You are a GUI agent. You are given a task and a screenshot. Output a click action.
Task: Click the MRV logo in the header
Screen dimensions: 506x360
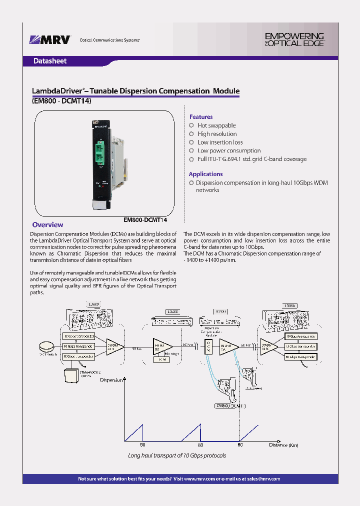coord(50,39)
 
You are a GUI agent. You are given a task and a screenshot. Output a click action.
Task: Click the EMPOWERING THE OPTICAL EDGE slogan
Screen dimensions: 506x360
coord(294,39)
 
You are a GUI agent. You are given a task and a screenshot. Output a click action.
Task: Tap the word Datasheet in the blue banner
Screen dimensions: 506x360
coord(49,61)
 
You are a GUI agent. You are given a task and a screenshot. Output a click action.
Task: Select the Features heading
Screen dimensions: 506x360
coord(200,117)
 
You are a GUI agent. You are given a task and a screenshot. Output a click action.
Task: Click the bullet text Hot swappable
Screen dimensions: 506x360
coord(216,125)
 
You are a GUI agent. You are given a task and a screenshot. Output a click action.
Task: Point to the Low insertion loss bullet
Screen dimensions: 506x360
coord(220,142)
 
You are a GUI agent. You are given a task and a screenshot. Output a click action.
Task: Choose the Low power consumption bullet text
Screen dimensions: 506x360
coord(229,150)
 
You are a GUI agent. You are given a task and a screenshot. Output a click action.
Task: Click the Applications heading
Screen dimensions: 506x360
coord(205,174)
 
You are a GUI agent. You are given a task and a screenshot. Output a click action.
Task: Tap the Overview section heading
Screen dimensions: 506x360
coord(47,225)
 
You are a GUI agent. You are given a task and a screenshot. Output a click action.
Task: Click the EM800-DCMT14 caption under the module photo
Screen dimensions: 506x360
coord(145,219)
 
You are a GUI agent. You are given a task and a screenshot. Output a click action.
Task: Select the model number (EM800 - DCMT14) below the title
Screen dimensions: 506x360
coord(61,100)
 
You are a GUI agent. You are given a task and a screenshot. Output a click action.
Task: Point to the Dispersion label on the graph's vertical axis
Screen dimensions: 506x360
coord(111,380)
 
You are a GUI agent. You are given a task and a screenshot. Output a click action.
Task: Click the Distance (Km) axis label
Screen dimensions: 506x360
coord(283,445)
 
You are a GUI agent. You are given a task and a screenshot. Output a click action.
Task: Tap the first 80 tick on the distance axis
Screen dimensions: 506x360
coord(142,445)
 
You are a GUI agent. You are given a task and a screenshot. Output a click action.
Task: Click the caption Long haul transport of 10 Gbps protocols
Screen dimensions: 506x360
coord(177,455)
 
